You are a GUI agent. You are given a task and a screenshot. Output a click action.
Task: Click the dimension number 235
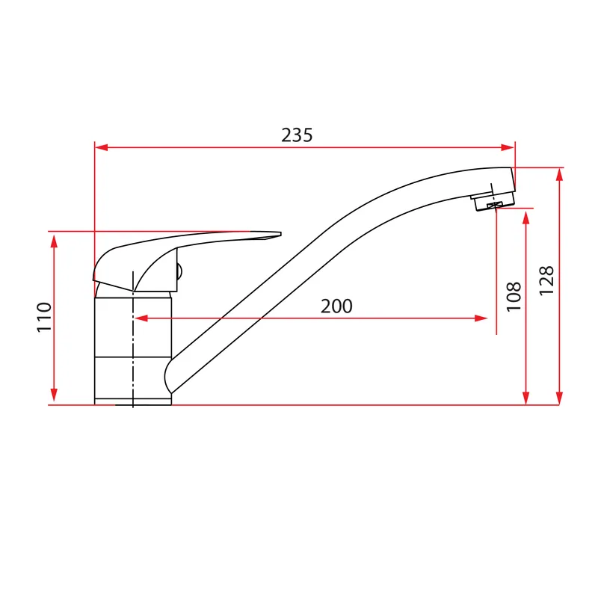[297, 135]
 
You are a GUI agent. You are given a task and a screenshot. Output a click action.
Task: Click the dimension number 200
[336, 306]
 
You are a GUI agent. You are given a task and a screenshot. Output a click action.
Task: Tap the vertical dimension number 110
[44, 317]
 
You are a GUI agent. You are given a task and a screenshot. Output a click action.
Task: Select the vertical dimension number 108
[514, 297]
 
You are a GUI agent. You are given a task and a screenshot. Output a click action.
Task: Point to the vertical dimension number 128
[546, 280]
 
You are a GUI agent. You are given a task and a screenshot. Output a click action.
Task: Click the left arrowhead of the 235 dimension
[102, 147]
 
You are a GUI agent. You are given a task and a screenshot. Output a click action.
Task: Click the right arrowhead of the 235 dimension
[508, 147]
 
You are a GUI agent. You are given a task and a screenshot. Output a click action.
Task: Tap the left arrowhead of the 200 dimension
[141, 318]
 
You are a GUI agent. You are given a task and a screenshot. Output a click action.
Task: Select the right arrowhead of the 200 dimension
[481, 318]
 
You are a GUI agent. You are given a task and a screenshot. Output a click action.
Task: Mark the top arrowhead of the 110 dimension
[54, 241]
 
